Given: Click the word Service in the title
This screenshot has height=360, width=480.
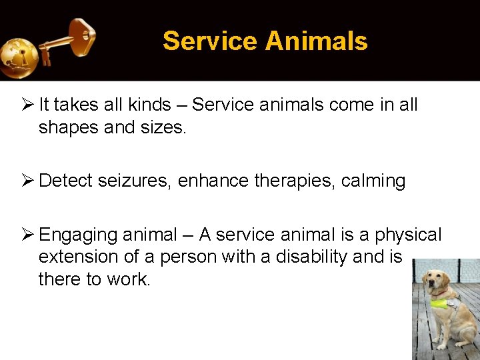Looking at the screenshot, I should [209, 41].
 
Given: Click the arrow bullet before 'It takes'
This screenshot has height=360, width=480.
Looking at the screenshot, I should [27, 105].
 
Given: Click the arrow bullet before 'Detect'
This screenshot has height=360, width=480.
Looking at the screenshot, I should [27, 181].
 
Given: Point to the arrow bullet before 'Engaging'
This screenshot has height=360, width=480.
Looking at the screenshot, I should [27, 235].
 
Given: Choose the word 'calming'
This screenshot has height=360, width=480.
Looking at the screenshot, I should [373, 181].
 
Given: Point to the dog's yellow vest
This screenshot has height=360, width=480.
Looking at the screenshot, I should [443, 303].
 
